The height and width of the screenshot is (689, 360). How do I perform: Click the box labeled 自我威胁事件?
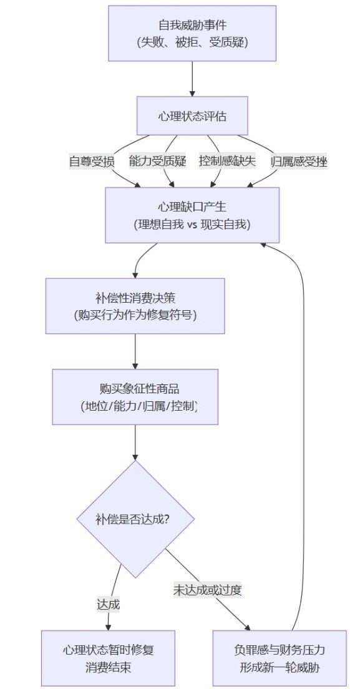point(192,33)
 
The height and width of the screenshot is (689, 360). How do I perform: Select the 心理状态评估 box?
point(192,115)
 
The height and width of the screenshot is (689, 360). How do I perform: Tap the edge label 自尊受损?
point(92,161)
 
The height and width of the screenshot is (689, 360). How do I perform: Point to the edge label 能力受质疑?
point(158,161)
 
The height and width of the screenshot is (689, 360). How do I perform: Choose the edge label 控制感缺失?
point(227,161)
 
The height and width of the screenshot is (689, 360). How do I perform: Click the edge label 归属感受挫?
point(299,161)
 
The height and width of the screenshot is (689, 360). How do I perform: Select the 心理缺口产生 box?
point(192,215)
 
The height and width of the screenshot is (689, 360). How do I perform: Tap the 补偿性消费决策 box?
point(135,306)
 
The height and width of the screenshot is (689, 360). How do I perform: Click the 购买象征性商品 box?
point(135,397)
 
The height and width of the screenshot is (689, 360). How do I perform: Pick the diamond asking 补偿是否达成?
point(135,519)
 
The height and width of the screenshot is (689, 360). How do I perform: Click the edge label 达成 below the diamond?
point(108,605)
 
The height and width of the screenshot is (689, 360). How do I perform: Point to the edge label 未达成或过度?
point(207,590)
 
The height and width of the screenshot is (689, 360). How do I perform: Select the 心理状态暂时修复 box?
point(108,658)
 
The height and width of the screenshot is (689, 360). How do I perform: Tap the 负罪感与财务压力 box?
point(280,658)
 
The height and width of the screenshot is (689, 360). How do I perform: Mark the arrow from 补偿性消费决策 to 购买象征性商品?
point(135,351)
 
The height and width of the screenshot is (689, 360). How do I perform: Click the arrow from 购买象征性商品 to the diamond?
point(135,442)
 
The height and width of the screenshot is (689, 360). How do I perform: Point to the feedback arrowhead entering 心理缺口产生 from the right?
point(263,244)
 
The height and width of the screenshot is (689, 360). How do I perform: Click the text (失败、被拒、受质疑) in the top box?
point(192,42)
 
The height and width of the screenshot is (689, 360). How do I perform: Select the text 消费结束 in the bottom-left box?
point(108,668)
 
